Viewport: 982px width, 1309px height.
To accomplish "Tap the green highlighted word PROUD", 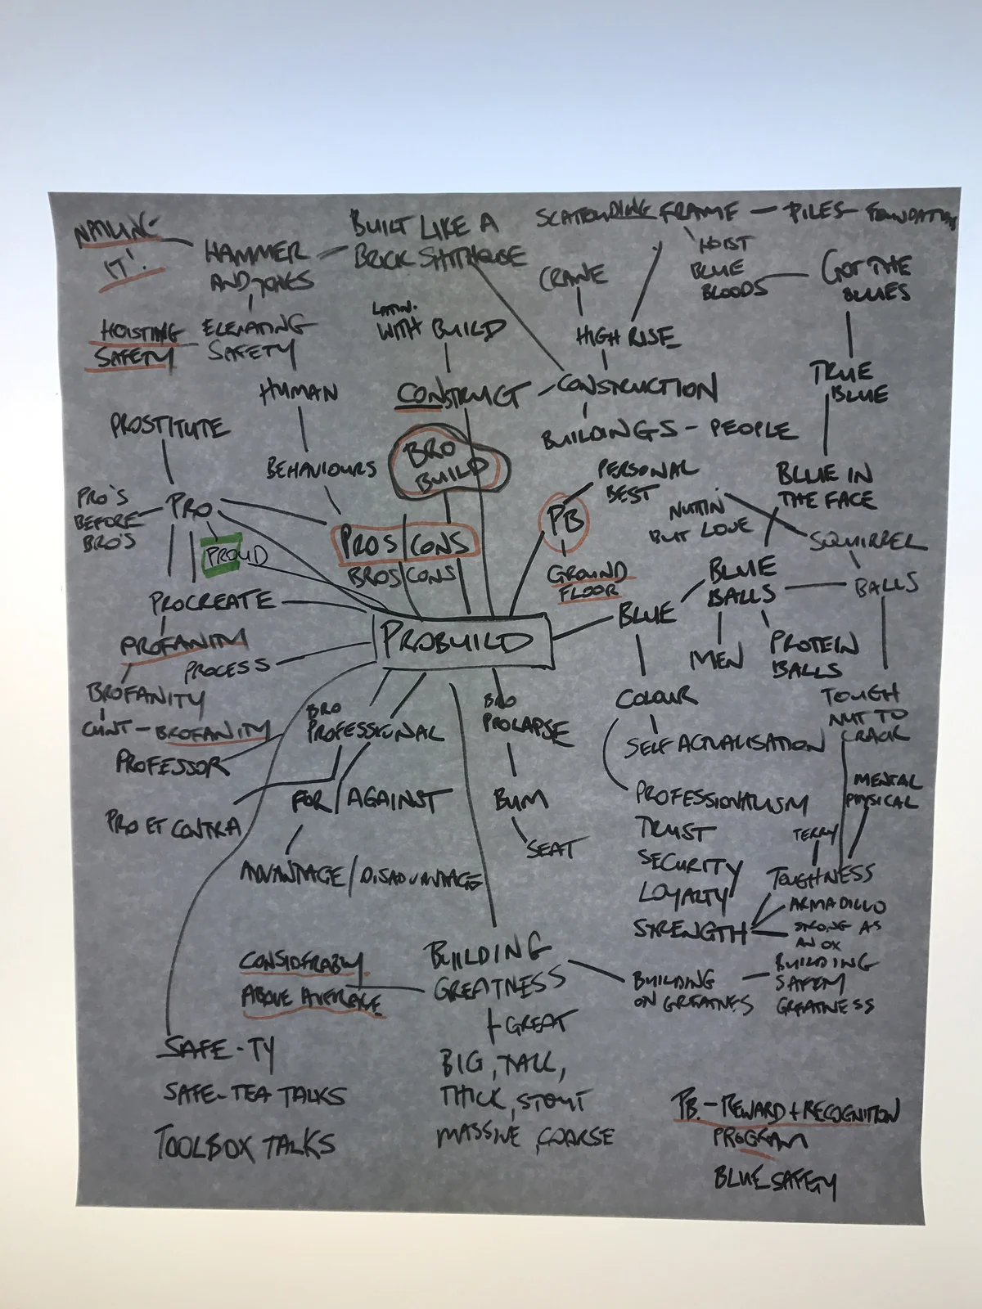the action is click(x=235, y=556).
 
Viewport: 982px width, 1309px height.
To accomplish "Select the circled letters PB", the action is click(x=565, y=520).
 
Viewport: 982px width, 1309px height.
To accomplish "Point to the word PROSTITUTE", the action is click(x=169, y=427).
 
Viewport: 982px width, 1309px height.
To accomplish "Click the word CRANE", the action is click(x=573, y=277).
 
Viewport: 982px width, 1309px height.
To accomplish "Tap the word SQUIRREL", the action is click(x=867, y=541).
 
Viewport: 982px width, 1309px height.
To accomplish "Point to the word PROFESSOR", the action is click(x=172, y=764).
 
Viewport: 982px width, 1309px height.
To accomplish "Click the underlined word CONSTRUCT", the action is click(x=458, y=395).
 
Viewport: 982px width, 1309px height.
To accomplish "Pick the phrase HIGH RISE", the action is click(x=626, y=335).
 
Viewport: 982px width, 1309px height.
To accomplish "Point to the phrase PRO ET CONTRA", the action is click(x=173, y=826).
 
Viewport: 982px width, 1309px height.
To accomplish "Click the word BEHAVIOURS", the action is click(x=321, y=469).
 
